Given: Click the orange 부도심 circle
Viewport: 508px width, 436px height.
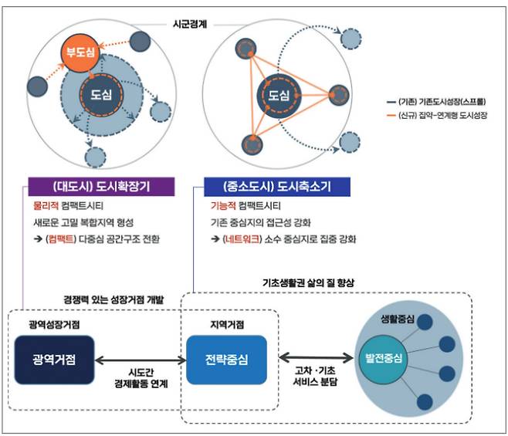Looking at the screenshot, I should tap(78, 53).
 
